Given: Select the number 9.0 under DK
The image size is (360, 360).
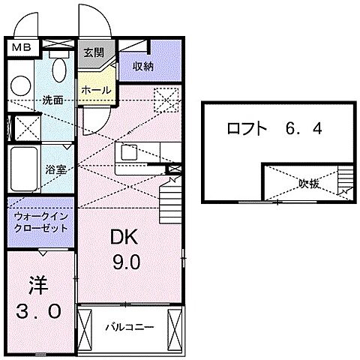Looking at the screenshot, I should click(x=127, y=262).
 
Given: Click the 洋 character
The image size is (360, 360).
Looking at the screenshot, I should click(x=38, y=285).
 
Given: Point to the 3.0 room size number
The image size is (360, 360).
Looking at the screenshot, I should click(x=39, y=310).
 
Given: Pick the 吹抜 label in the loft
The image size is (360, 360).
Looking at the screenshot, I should click(x=309, y=181).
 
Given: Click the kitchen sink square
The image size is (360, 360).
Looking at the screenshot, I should click(x=128, y=151).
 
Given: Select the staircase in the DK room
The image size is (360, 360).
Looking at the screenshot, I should click(x=171, y=200).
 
